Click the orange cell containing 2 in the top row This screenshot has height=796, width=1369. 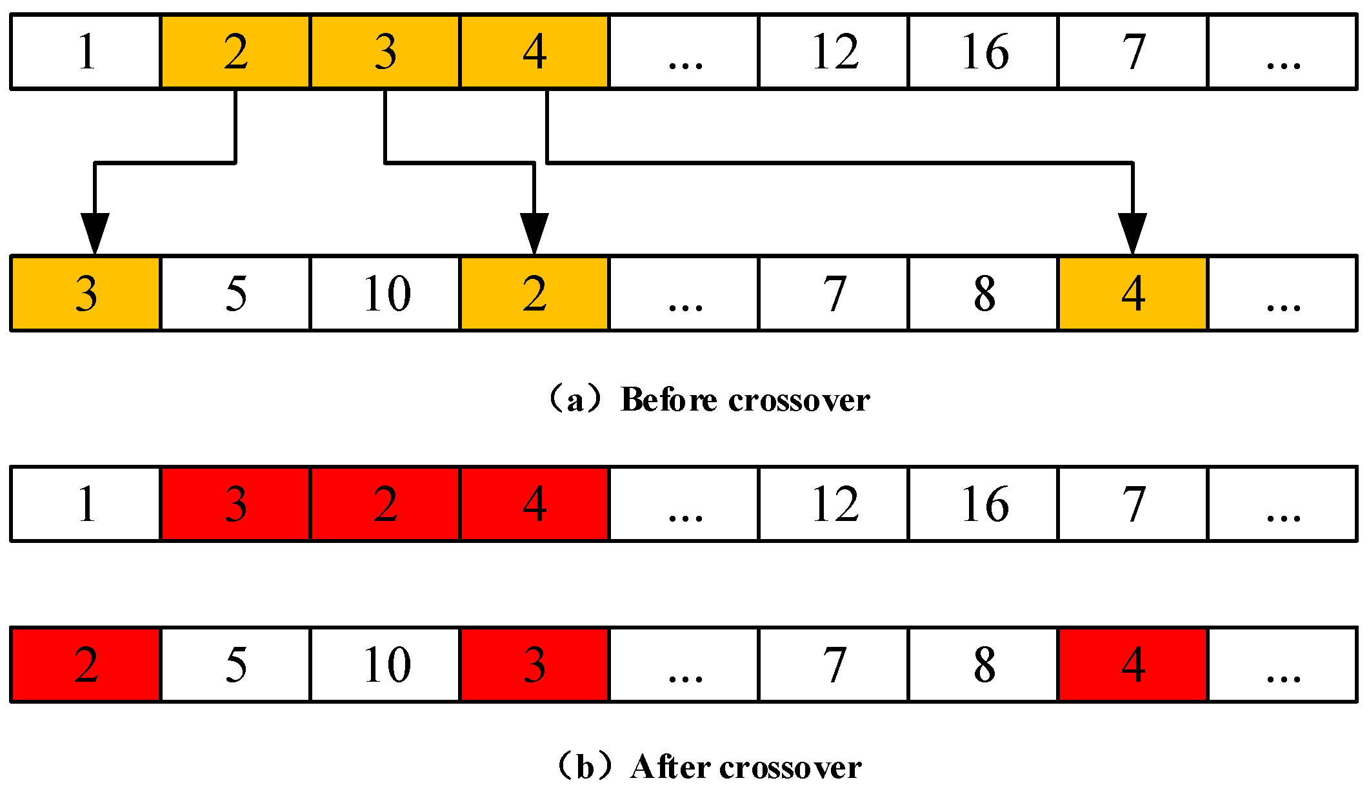[x=235, y=52]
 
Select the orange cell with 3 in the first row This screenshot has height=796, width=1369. [x=385, y=52]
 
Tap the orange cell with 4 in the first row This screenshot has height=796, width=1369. [x=534, y=52]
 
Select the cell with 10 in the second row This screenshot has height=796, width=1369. [x=385, y=294]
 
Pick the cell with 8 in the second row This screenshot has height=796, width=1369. [x=983, y=294]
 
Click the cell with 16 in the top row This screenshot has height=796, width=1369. [x=983, y=52]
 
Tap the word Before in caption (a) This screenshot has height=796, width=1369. [x=668, y=400]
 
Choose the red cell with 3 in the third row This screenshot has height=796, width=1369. [x=235, y=504]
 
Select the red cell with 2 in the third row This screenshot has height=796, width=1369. [x=385, y=504]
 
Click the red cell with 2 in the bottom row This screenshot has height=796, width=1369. [x=86, y=664]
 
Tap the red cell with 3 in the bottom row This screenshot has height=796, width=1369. [x=534, y=664]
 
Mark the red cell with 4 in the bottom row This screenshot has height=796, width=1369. [x=1132, y=664]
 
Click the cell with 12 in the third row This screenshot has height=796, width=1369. [x=834, y=504]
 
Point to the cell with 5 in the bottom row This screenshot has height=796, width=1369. [x=235, y=664]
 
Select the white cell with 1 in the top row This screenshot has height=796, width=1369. [x=86, y=52]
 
